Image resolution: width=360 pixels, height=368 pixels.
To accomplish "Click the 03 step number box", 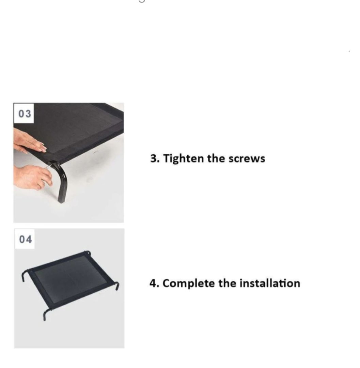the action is pos(24,113).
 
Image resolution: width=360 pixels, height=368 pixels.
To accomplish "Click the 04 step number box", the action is pos(25,239).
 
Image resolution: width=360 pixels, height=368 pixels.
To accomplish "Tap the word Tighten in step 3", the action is pos(183,159).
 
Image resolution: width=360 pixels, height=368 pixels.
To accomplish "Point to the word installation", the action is pos(270,283).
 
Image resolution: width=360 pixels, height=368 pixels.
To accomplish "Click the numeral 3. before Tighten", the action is pos(155,159).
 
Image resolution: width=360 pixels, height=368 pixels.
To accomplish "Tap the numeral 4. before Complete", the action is pos(154,283).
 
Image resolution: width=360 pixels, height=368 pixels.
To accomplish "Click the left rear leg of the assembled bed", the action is pos(25,276).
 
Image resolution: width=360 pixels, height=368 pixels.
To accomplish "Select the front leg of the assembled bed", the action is pos(46,315).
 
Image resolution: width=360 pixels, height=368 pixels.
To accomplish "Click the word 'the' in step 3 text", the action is pos(216,159).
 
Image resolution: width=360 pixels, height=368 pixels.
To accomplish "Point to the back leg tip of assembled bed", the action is pos(88,253).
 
